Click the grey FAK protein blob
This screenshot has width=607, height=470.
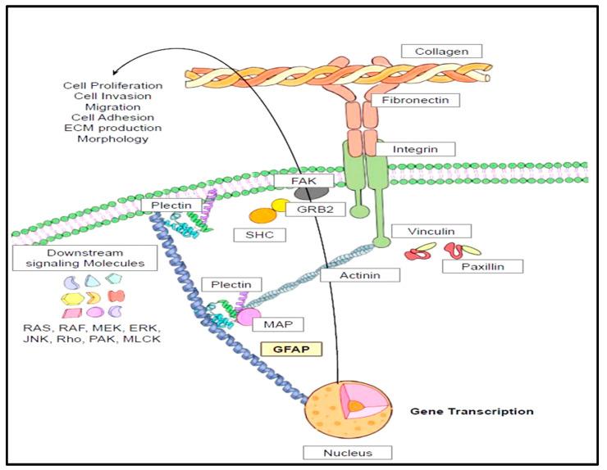coord(308,191)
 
